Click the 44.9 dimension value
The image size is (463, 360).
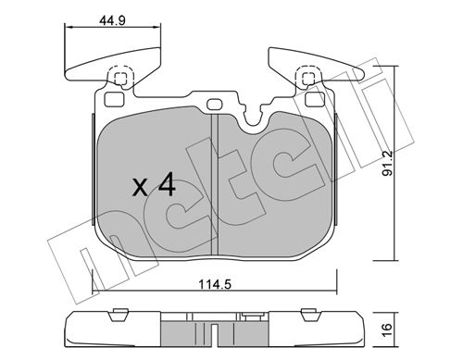(112, 20)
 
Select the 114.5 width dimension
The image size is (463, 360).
(214, 284)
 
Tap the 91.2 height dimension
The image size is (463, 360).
(387, 163)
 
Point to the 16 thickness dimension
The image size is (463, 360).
(387, 330)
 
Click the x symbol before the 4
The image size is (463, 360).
(140, 187)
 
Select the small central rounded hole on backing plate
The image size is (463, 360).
(214, 104)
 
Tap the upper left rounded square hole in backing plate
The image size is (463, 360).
(114, 99)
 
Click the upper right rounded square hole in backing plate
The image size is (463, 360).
(315, 99)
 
